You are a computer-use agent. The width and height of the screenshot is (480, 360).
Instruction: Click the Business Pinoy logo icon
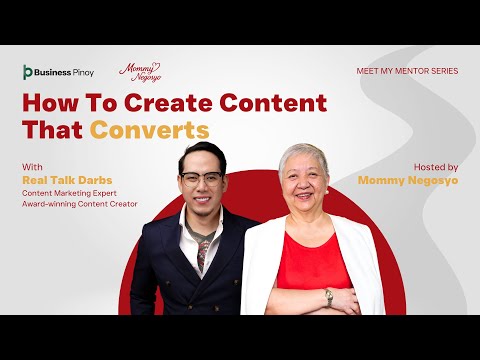pyautogui.click(x=28, y=72)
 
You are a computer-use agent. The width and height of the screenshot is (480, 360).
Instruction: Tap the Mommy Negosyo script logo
pyautogui.click(x=140, y=73)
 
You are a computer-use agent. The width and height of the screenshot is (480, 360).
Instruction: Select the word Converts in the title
pyautogui.click(x=150, y=130)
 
